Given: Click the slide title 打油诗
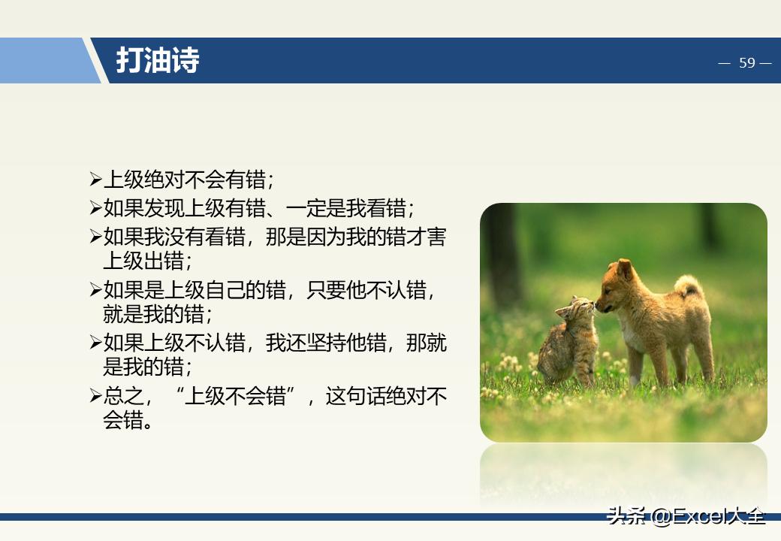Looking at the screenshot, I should click(x=158, y=61).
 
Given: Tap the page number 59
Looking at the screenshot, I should click(x=746, y=63).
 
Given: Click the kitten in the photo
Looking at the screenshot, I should click(x=569, y=342).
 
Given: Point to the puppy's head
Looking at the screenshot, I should click(x=617, y=286).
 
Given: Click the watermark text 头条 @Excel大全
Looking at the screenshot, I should click(x=686, y=517).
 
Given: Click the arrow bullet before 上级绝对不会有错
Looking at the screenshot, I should click(x=95, y=180).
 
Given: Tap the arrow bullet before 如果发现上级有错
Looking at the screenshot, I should click(x=95, y=208).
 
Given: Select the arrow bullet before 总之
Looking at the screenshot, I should click(x=95, y=396).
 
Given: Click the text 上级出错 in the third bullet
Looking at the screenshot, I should click(x=143, y=261).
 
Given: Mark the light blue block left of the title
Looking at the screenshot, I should click(x=45, y=61).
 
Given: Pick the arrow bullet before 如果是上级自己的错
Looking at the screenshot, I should click(x=95, y=289).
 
